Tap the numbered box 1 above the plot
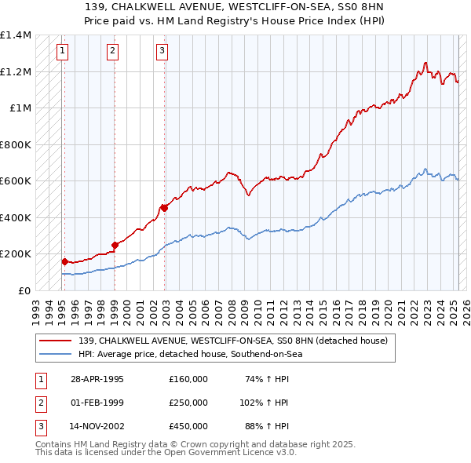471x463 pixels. click(x=62, y=52)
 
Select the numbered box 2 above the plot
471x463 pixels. click(x=112, y=52)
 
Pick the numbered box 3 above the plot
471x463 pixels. click(x=162, y=52)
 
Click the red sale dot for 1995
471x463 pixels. click(x=65, y=261)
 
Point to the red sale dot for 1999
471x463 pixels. click(x=115, y=245)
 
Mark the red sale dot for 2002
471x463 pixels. click(x=164, y=208)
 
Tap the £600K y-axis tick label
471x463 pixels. click(x=15, y=181)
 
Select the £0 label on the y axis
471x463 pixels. click(x=24, y=290)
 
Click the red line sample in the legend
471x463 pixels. click(x=57, y=341)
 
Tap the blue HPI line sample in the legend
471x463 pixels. click(x=57, y=355)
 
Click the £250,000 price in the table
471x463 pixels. click(x=188, y=403)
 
